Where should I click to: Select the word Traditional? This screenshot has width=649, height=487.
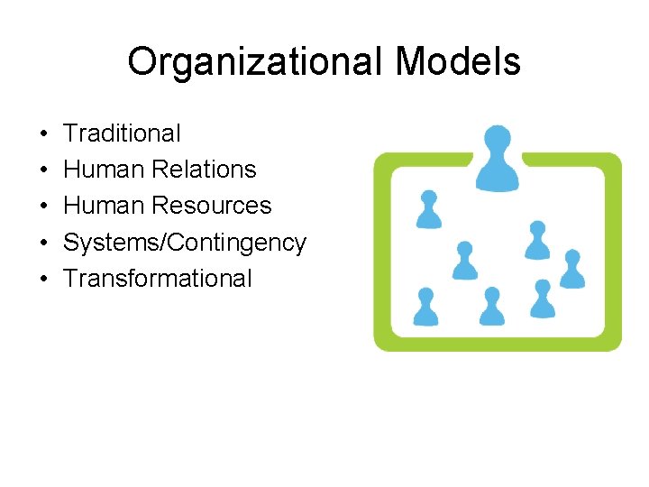[x=122, y=133]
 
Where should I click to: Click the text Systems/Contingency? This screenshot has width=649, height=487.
[x=185, y=243]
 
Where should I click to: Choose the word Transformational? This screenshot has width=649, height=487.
[x=158, y=278]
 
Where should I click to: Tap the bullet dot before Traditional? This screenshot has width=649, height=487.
[x=43, y=134]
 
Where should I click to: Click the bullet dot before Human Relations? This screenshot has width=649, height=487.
[x=43, y=170]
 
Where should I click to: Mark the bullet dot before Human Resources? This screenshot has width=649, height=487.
[x=43, y=207]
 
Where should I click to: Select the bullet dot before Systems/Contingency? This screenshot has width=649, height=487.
[x=43, y=243]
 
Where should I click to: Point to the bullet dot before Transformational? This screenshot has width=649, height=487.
[x=43, y=279]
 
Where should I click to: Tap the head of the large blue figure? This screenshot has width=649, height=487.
[x=497, y=140]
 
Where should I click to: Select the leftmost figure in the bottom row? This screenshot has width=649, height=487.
[x=425, y=308]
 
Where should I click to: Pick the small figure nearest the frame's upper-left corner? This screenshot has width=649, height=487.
[x=429, y=209]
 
